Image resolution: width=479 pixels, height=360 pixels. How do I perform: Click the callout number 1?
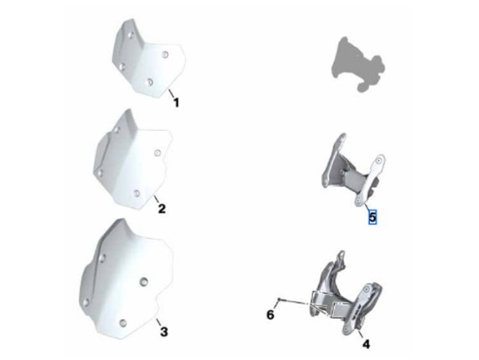click(x=176, y=102)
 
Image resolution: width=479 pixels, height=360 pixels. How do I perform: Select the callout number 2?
click(x=162, y=209)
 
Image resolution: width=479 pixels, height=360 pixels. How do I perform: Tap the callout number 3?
click(x=164, y=331)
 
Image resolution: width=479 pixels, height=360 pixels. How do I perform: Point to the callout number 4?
click(x=366, y=344)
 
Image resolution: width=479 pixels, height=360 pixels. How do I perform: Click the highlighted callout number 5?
click(x=372, y=217)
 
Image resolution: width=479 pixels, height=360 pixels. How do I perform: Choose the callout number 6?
click(x=270, y=315)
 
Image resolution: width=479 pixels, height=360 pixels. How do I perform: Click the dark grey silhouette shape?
click(x=357, y=64)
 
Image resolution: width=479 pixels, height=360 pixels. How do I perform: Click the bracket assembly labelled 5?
click(x=353, y=171)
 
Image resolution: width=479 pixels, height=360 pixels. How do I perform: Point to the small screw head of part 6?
click(x=279, y=299)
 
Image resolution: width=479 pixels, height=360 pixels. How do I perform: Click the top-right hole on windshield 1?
click(x=165, y=55)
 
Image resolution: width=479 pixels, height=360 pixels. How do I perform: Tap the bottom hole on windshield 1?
click(x=149, y=82)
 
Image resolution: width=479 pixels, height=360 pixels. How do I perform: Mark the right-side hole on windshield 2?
click(x=158, y=153)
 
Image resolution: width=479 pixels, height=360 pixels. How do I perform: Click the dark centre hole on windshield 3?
click(x=143, y=281)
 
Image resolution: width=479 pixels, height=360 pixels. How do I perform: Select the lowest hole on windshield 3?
click(x=122, y=322)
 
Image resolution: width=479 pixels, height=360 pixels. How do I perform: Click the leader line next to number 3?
click(x=159, y=322)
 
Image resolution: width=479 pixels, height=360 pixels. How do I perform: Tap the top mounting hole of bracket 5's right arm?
click(x=378, y=161)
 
